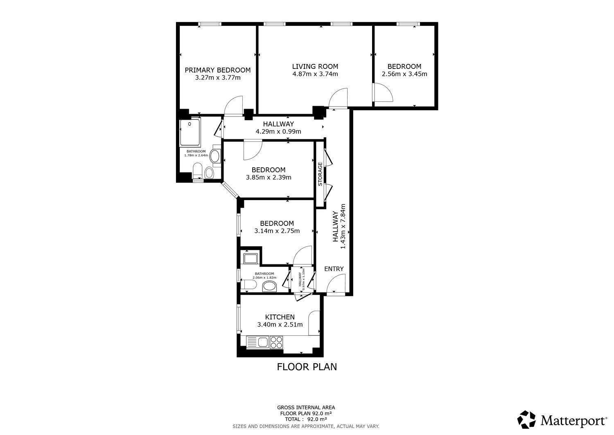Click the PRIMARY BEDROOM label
click(x=218, y=70)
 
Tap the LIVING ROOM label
click(x=315, y=66)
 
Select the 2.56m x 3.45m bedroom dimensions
click(x=404, y=74)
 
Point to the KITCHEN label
click(x=280, y=317)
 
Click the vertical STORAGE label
click(x=320, y=174)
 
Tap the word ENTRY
click(x=334, y=269)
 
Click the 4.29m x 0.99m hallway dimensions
click(x=278, y=132)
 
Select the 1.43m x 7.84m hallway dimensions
click(x=343, y=227)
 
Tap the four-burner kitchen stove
click(x=276, y=342)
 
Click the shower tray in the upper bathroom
click(x=190, y=132)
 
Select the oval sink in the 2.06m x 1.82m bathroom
click(x=270, y=287)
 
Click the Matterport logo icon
click(x=526, y=419)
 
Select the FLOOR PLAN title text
click(x=307, y=367)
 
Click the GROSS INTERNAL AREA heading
click(x=306, y=408)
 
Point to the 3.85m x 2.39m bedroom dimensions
click(x=269, y=178)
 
